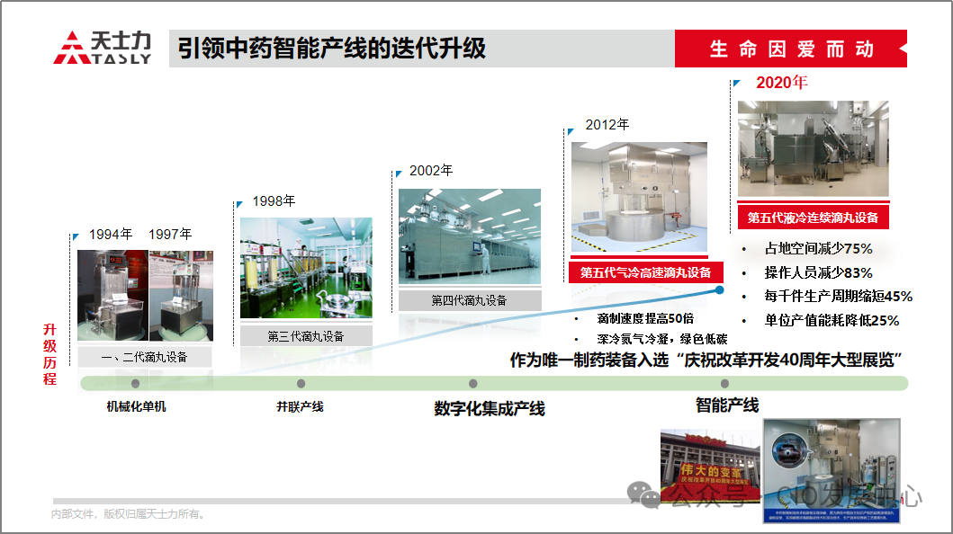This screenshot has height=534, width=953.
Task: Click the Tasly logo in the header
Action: tap(102, 48)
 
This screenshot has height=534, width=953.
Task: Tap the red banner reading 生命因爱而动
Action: tap(791, 49)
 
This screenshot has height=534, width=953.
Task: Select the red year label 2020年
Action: tap(781, 83)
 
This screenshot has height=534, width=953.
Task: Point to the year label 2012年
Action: tap(607, 125)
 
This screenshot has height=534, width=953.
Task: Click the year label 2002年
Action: tap(431, 170)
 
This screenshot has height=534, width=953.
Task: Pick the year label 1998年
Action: tap(274, 201)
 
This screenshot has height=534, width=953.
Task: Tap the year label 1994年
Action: tap(111, 235)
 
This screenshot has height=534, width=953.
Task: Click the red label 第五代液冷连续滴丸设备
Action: tap(813, 218)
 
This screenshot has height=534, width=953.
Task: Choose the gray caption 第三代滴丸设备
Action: tap(306, 336)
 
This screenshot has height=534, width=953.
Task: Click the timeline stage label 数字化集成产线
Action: tap(490, 409)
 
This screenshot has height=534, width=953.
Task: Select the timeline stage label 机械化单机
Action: tap(136, 406)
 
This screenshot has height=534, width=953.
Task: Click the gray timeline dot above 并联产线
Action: tap(301, 384)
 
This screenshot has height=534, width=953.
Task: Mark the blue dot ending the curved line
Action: tap(720, 289)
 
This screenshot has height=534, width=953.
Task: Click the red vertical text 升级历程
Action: tap(49, 354)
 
